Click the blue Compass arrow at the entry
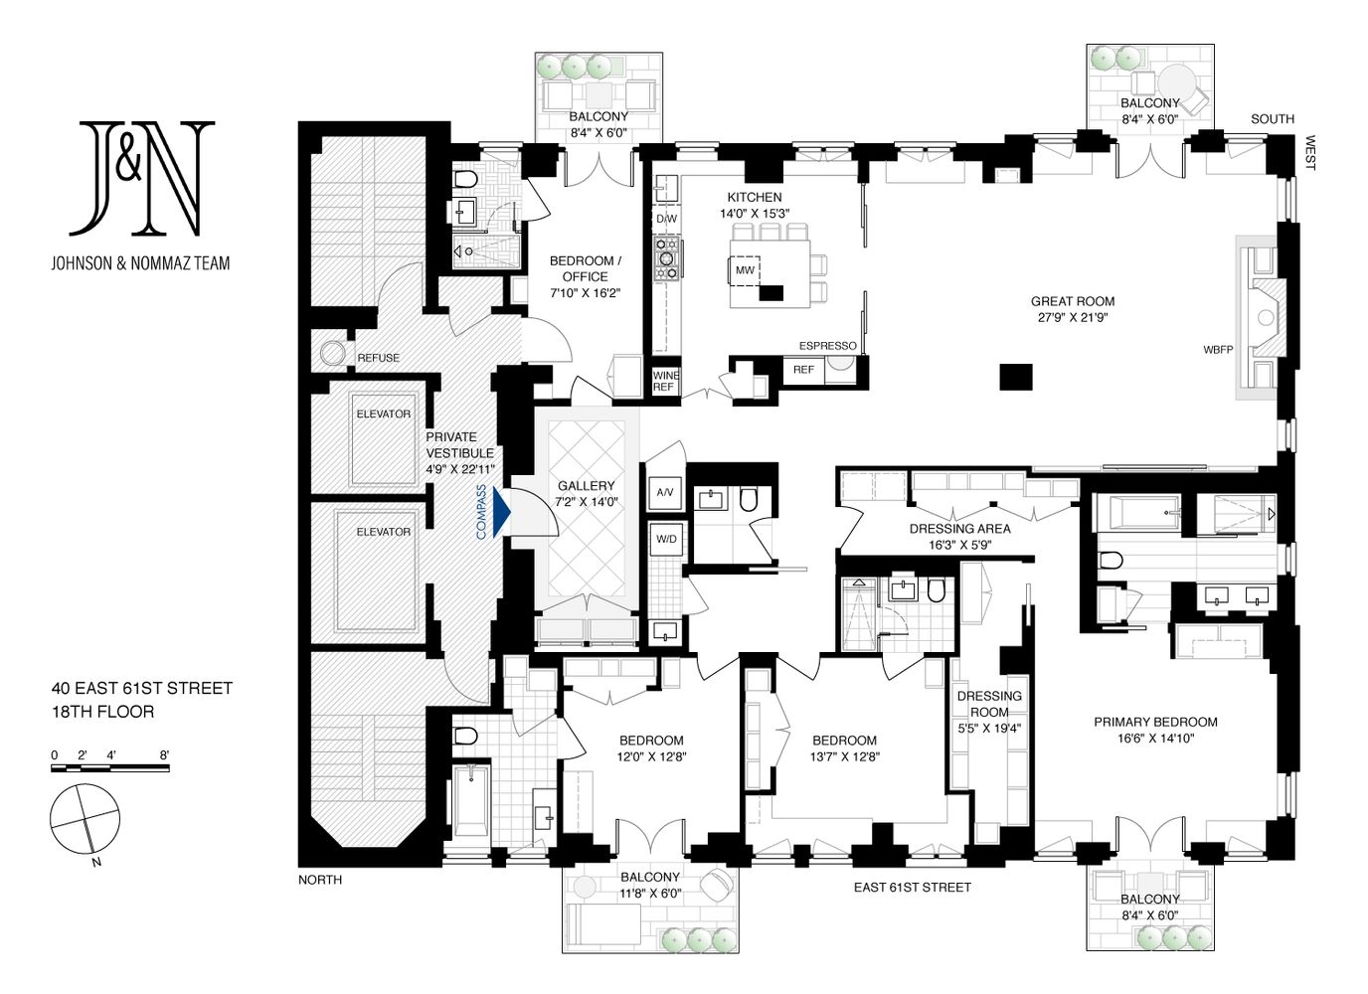click(501, 512)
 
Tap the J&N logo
click(141, 178)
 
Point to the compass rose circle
click(85, 818)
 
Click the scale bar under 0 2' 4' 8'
click(110, 768)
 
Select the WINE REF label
click(665, 381)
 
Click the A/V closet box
click(665, 492)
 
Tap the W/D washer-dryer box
click(666, 539)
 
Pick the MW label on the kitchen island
click(745, 270)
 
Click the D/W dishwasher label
click(666, 219)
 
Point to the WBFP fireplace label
click(1218, 350)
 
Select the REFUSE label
click(378, 358)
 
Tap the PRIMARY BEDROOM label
click(1155, 722)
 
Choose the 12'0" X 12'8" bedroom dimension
click(651, 756)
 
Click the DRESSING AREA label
click(960, 529)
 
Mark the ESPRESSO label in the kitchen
click(827, 346)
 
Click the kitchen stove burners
click(667, 258)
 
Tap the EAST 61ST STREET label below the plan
click(913, 888)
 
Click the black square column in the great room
click(1016, 377)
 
